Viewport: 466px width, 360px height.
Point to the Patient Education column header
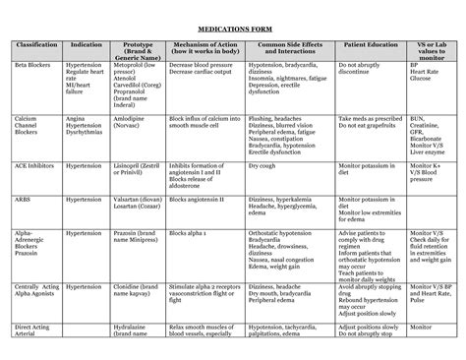[x=369, y=45]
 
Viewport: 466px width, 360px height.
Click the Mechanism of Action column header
[x=204, y=49]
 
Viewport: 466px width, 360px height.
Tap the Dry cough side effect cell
[x=262, y=166]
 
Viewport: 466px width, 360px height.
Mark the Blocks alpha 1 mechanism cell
[x=190, y=235]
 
